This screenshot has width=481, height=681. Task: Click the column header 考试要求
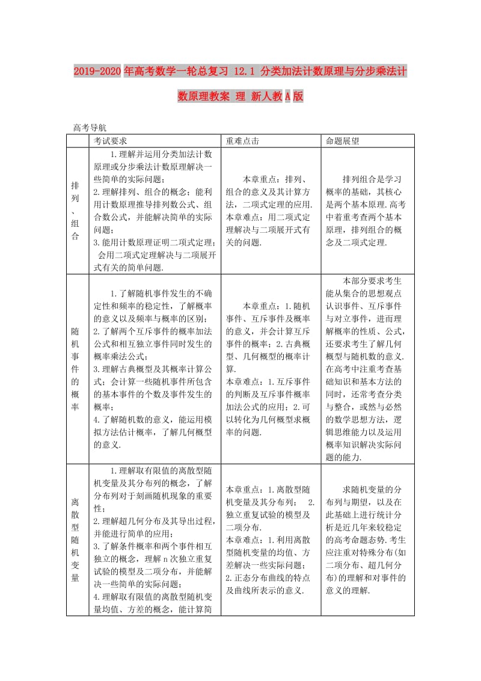[110, 140]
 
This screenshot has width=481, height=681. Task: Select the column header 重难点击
[242, 140]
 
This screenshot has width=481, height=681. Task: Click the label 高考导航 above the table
[90, 128]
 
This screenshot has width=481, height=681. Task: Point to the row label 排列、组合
[75, 211]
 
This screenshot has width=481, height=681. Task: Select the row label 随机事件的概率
[75, 369]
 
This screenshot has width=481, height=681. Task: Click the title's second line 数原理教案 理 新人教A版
[240, 96]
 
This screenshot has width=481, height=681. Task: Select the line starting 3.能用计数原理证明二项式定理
[154, 242]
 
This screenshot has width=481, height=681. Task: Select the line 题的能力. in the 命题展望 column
[343, 457]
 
